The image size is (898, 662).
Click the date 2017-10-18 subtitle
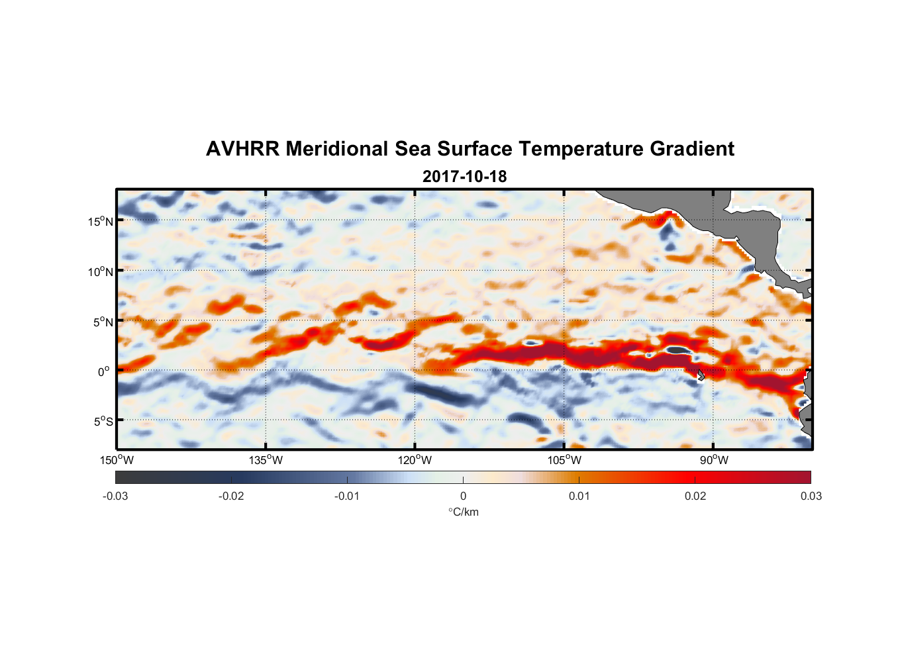[x=464, y=177]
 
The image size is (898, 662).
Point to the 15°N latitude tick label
[x=100, y=221]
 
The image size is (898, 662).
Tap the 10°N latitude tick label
[x=100, y=271]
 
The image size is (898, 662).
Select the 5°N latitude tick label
[x=103, y=322]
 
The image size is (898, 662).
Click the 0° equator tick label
[x=104, y=371]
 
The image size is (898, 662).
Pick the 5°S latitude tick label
[x=103, y=422]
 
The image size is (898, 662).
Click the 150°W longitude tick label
[x=117, y=460]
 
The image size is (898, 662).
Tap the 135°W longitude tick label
[x=266, y=460]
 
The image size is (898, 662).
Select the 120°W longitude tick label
[x=415, y=460]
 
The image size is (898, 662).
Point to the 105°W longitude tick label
[x=564, y=460]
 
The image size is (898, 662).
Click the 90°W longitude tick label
[x=713, y=460]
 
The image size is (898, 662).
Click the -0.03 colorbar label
[x=115, y=496]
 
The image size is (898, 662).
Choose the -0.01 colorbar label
[x=347, y=496]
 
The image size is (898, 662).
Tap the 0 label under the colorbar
[x=463, y=496]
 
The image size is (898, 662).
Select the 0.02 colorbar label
[x=695, y=496]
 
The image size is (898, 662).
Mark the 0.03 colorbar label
[x=811, y=496]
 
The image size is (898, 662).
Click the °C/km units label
[x=463, y=512]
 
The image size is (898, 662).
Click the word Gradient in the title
[x=692, y=149]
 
